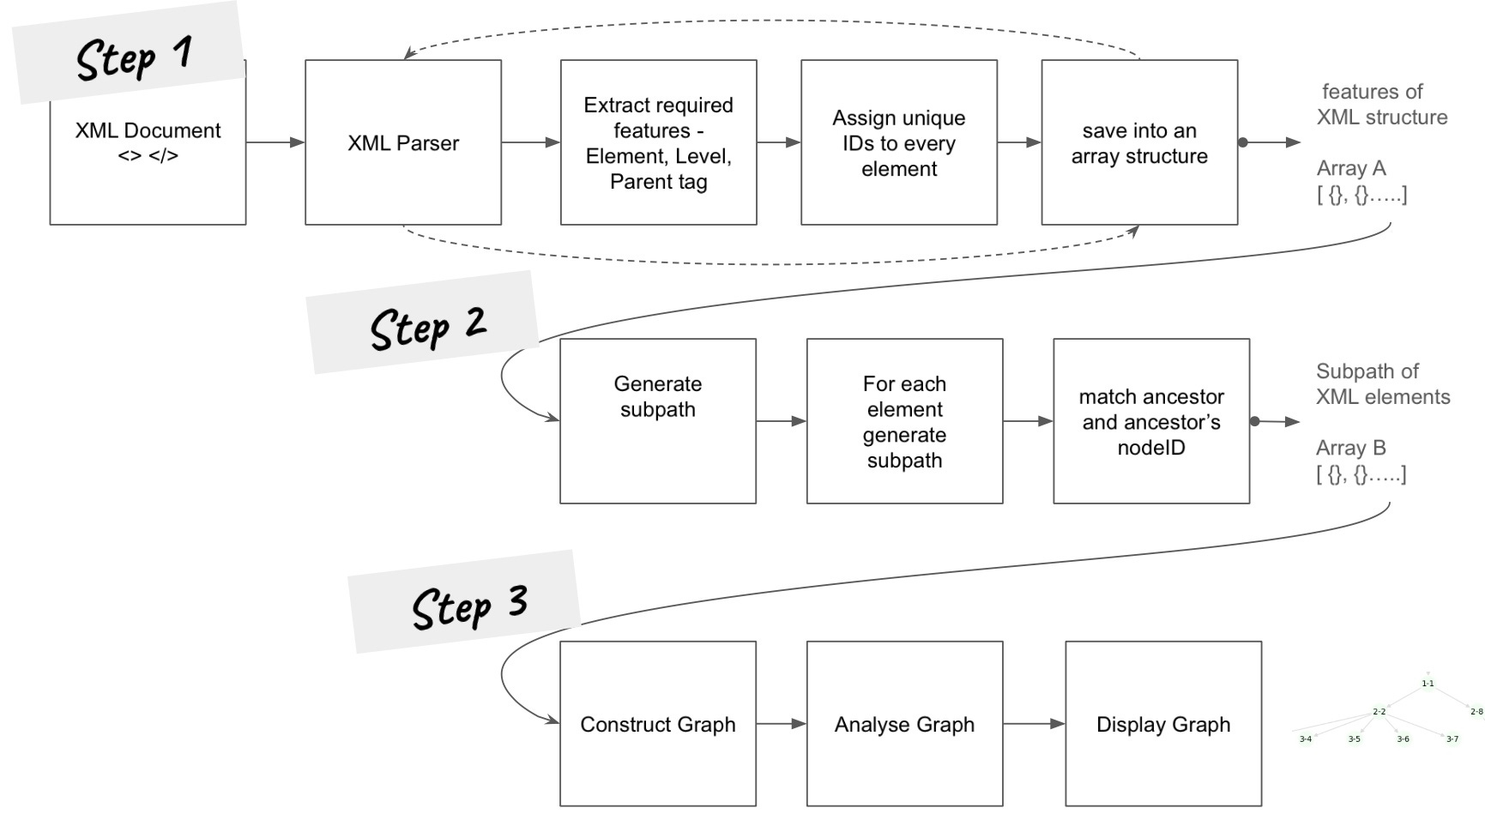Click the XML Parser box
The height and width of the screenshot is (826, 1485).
click(x=402, y=142)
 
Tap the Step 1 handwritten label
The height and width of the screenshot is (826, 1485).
click(x=133, y=57)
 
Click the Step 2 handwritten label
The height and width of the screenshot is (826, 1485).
click(x=426, y=326)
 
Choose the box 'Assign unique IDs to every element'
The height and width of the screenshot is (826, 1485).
click(x=898, y=142)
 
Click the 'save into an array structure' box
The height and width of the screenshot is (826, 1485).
click(x=1138, y=142)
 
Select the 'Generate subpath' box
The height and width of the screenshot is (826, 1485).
click(x=657, y=420)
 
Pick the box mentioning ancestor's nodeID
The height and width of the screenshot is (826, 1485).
click(x=1150, y=420)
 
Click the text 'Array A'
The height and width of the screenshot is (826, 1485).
click(x=1350, y=168)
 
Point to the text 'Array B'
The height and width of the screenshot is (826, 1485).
click(x=1350, y=448)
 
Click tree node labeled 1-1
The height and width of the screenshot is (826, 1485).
click(x=1428, y=684)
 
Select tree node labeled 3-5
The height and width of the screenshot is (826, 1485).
click(x=1354, y=739)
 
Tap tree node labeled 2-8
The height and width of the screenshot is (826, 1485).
click(x=1476, y=711)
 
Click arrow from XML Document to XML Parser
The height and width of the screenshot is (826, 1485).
click(x=275, y=142)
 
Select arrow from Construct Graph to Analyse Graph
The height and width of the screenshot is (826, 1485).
click(x=781, y=723)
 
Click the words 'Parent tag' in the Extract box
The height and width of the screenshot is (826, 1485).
click(x=658, y=182)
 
